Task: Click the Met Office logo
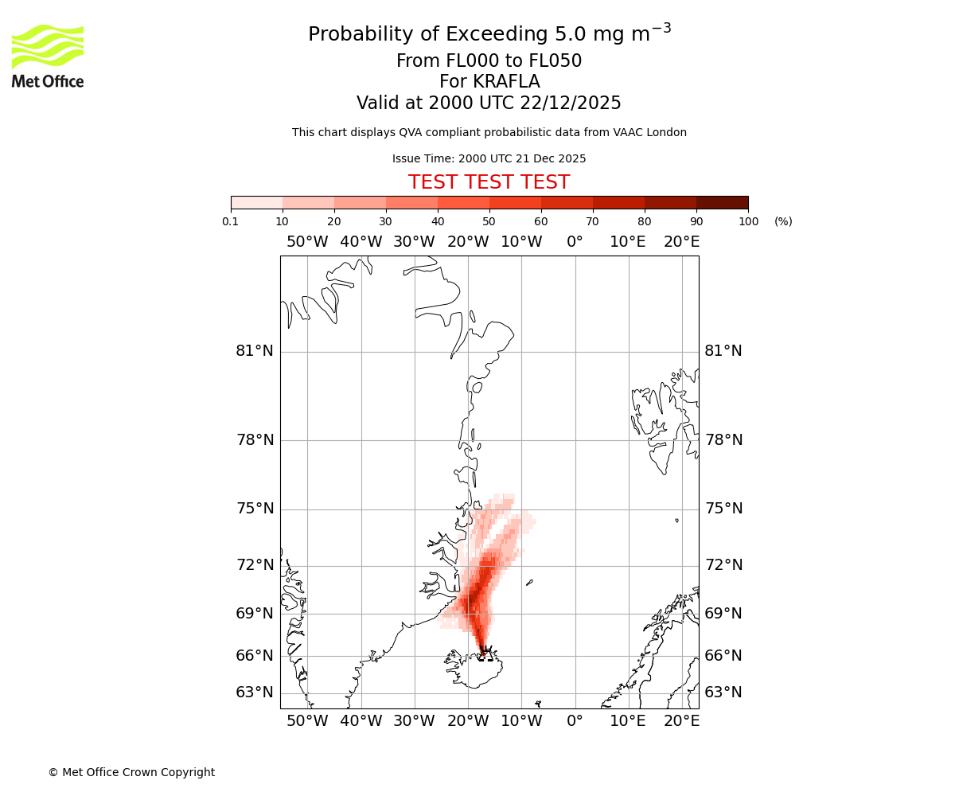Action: click(x=48, y=56)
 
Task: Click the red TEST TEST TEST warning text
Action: click(x=489, y=182)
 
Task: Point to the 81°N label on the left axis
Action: click(x=255, y=351)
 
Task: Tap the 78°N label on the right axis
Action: click(x=723, y=440)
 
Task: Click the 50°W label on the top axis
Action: click(x=307, y=242)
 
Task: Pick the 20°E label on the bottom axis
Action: click(x=682, y=721)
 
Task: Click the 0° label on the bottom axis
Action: click(x=575, y=721)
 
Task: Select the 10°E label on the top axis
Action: click(x=628, y=242)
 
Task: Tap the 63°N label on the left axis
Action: click(x=255, y=693)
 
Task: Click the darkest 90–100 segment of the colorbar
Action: click(x=722, y=202)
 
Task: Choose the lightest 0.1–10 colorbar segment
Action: click(x=257, y=202)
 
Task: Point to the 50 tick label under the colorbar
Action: click(x=489, y=221)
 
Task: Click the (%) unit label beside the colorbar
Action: click(x=783, y=221)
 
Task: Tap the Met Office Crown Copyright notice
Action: click(x=131, y=772)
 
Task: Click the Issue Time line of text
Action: click(x=489, y=158)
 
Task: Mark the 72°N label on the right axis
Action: click(x=723, y=565)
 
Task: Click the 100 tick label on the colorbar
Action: click(x=748, y=221)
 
